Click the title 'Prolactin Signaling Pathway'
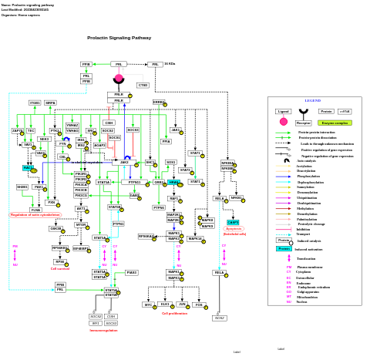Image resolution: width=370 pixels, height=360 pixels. click(119, 38)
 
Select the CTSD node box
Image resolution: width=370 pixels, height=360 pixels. click(143, 85)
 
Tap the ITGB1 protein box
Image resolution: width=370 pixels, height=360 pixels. click(35, 103)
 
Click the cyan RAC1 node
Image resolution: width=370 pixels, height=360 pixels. click(28, 167)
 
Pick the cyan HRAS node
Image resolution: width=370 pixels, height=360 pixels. click(173, 183)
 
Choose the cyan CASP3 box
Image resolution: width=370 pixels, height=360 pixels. click(233, 222)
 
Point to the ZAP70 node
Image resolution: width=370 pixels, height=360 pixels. click(17, 131)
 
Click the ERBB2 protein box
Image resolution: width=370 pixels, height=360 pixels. click(159, 102)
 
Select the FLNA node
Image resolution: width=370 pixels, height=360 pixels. click(35, 210)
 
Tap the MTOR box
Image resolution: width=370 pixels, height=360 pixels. click(81, 224)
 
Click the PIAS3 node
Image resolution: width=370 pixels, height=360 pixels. click(132, 272)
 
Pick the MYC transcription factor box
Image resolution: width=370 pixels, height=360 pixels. click(148, 304)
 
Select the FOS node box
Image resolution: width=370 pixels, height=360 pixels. click(199, 304)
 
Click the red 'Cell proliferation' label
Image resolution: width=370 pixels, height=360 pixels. click(174, 314)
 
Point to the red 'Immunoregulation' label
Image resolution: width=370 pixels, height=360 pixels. click(103, 331)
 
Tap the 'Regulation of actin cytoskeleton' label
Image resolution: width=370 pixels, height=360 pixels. click(35, 215)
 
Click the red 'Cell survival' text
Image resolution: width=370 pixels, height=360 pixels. click(60, 269)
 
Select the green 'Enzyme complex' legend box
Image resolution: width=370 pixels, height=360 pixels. click(335, 123)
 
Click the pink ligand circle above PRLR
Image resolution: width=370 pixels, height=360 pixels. click(119, 79)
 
